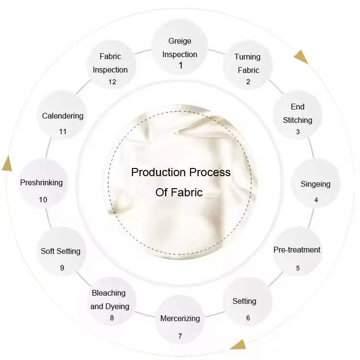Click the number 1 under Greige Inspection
[x=180, y=65]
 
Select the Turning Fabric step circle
[x=248, y=65]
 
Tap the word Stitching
[x=297, y=120]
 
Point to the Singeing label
[x=315, y=184]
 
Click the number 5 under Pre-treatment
[x=298, y=268]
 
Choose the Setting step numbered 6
[x=248, y=301]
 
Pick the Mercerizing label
[x=180, y=318]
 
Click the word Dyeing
[x=117, y=307]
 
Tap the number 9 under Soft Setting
[x=62, y=268]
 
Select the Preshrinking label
[x=41, y=183]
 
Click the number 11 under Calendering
[x=63, y=132]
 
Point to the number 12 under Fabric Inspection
[x=112, y=82]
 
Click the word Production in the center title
[x=158, y=172]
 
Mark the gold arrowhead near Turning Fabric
[x=301, y=58]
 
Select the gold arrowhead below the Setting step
[x=239, y=345]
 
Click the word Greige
[x=180, y=41]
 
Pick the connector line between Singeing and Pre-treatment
[x=311, y=218]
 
